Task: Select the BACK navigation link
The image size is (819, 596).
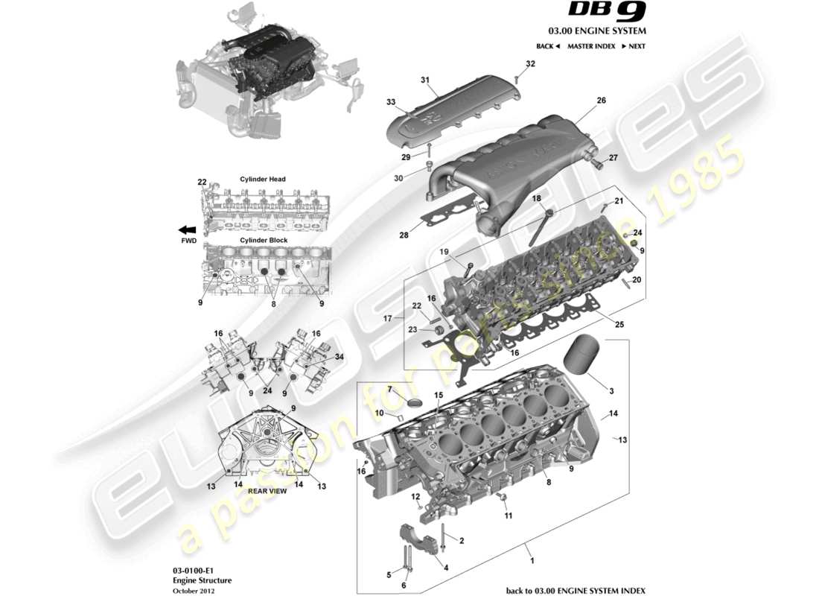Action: coord(547,46)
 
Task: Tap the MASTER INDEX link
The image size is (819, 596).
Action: coord(590,46)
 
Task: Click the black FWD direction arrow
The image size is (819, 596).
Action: coord(187,230)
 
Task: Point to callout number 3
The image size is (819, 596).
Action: coord(611,391)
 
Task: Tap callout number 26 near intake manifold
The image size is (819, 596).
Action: coord(601,100)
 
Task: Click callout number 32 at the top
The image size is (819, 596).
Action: coord(530,64)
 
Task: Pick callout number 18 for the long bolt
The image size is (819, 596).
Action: coord(536,198)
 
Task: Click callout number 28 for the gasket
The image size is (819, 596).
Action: coord(404,235)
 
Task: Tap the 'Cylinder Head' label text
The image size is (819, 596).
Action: coord(263,179)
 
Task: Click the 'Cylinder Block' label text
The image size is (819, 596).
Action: coord(263,241)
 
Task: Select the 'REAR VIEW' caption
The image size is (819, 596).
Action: coord(267,491)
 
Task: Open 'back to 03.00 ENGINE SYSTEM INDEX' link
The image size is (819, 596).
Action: coord(576,590)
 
